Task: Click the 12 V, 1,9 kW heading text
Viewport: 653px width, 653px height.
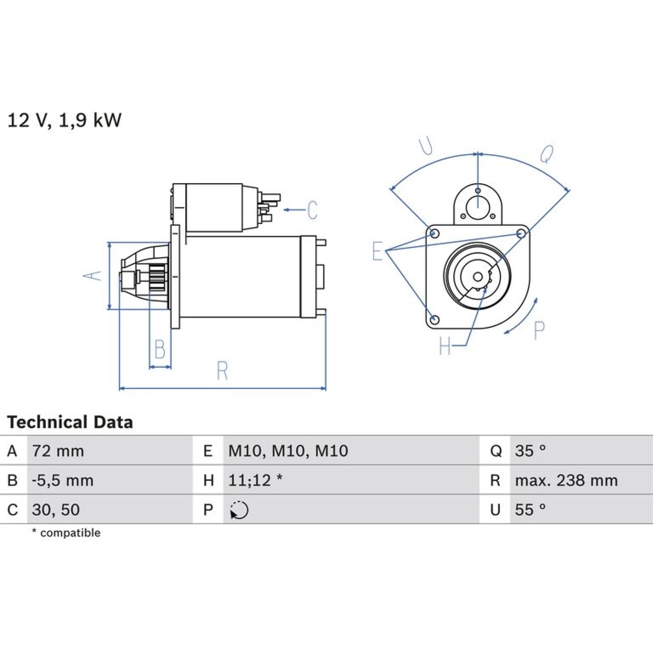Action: (64, 120)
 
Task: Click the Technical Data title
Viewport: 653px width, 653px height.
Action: (70, 422)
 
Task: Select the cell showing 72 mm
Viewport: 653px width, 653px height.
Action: (110, 451)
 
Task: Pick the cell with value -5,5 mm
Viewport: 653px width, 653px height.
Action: (110, 480)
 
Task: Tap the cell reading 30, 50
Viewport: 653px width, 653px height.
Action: (110, 509)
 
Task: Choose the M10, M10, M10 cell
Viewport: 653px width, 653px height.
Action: (351, 451)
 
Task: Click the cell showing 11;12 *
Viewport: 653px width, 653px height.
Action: (351, 480)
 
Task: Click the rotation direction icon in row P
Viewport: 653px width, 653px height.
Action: (239, 510)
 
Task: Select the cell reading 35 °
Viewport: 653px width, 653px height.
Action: (581, 451)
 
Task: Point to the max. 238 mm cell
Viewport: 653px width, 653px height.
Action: (581, 480)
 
